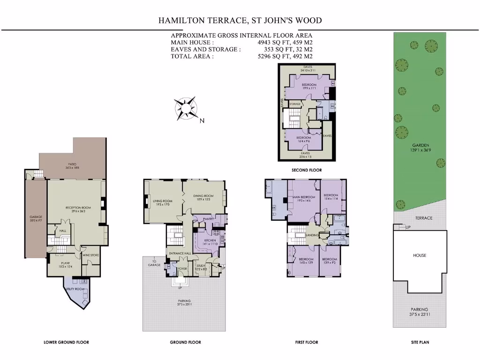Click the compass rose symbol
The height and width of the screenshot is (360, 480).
186,108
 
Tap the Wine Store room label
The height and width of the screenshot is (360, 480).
90,255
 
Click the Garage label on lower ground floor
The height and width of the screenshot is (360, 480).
36,217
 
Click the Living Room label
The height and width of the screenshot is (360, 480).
161,202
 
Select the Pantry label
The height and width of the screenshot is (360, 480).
209,219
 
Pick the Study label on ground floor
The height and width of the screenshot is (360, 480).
201,266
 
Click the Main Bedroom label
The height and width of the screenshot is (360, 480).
304,197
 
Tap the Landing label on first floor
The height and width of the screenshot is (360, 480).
312,235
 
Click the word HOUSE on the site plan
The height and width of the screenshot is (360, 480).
420,255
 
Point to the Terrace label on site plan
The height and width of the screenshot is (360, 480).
424,218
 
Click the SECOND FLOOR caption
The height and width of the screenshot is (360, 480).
307,170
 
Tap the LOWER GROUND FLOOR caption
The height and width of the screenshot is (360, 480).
66,342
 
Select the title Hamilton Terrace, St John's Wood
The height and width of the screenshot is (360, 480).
240,21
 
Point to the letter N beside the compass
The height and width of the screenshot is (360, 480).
202,121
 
